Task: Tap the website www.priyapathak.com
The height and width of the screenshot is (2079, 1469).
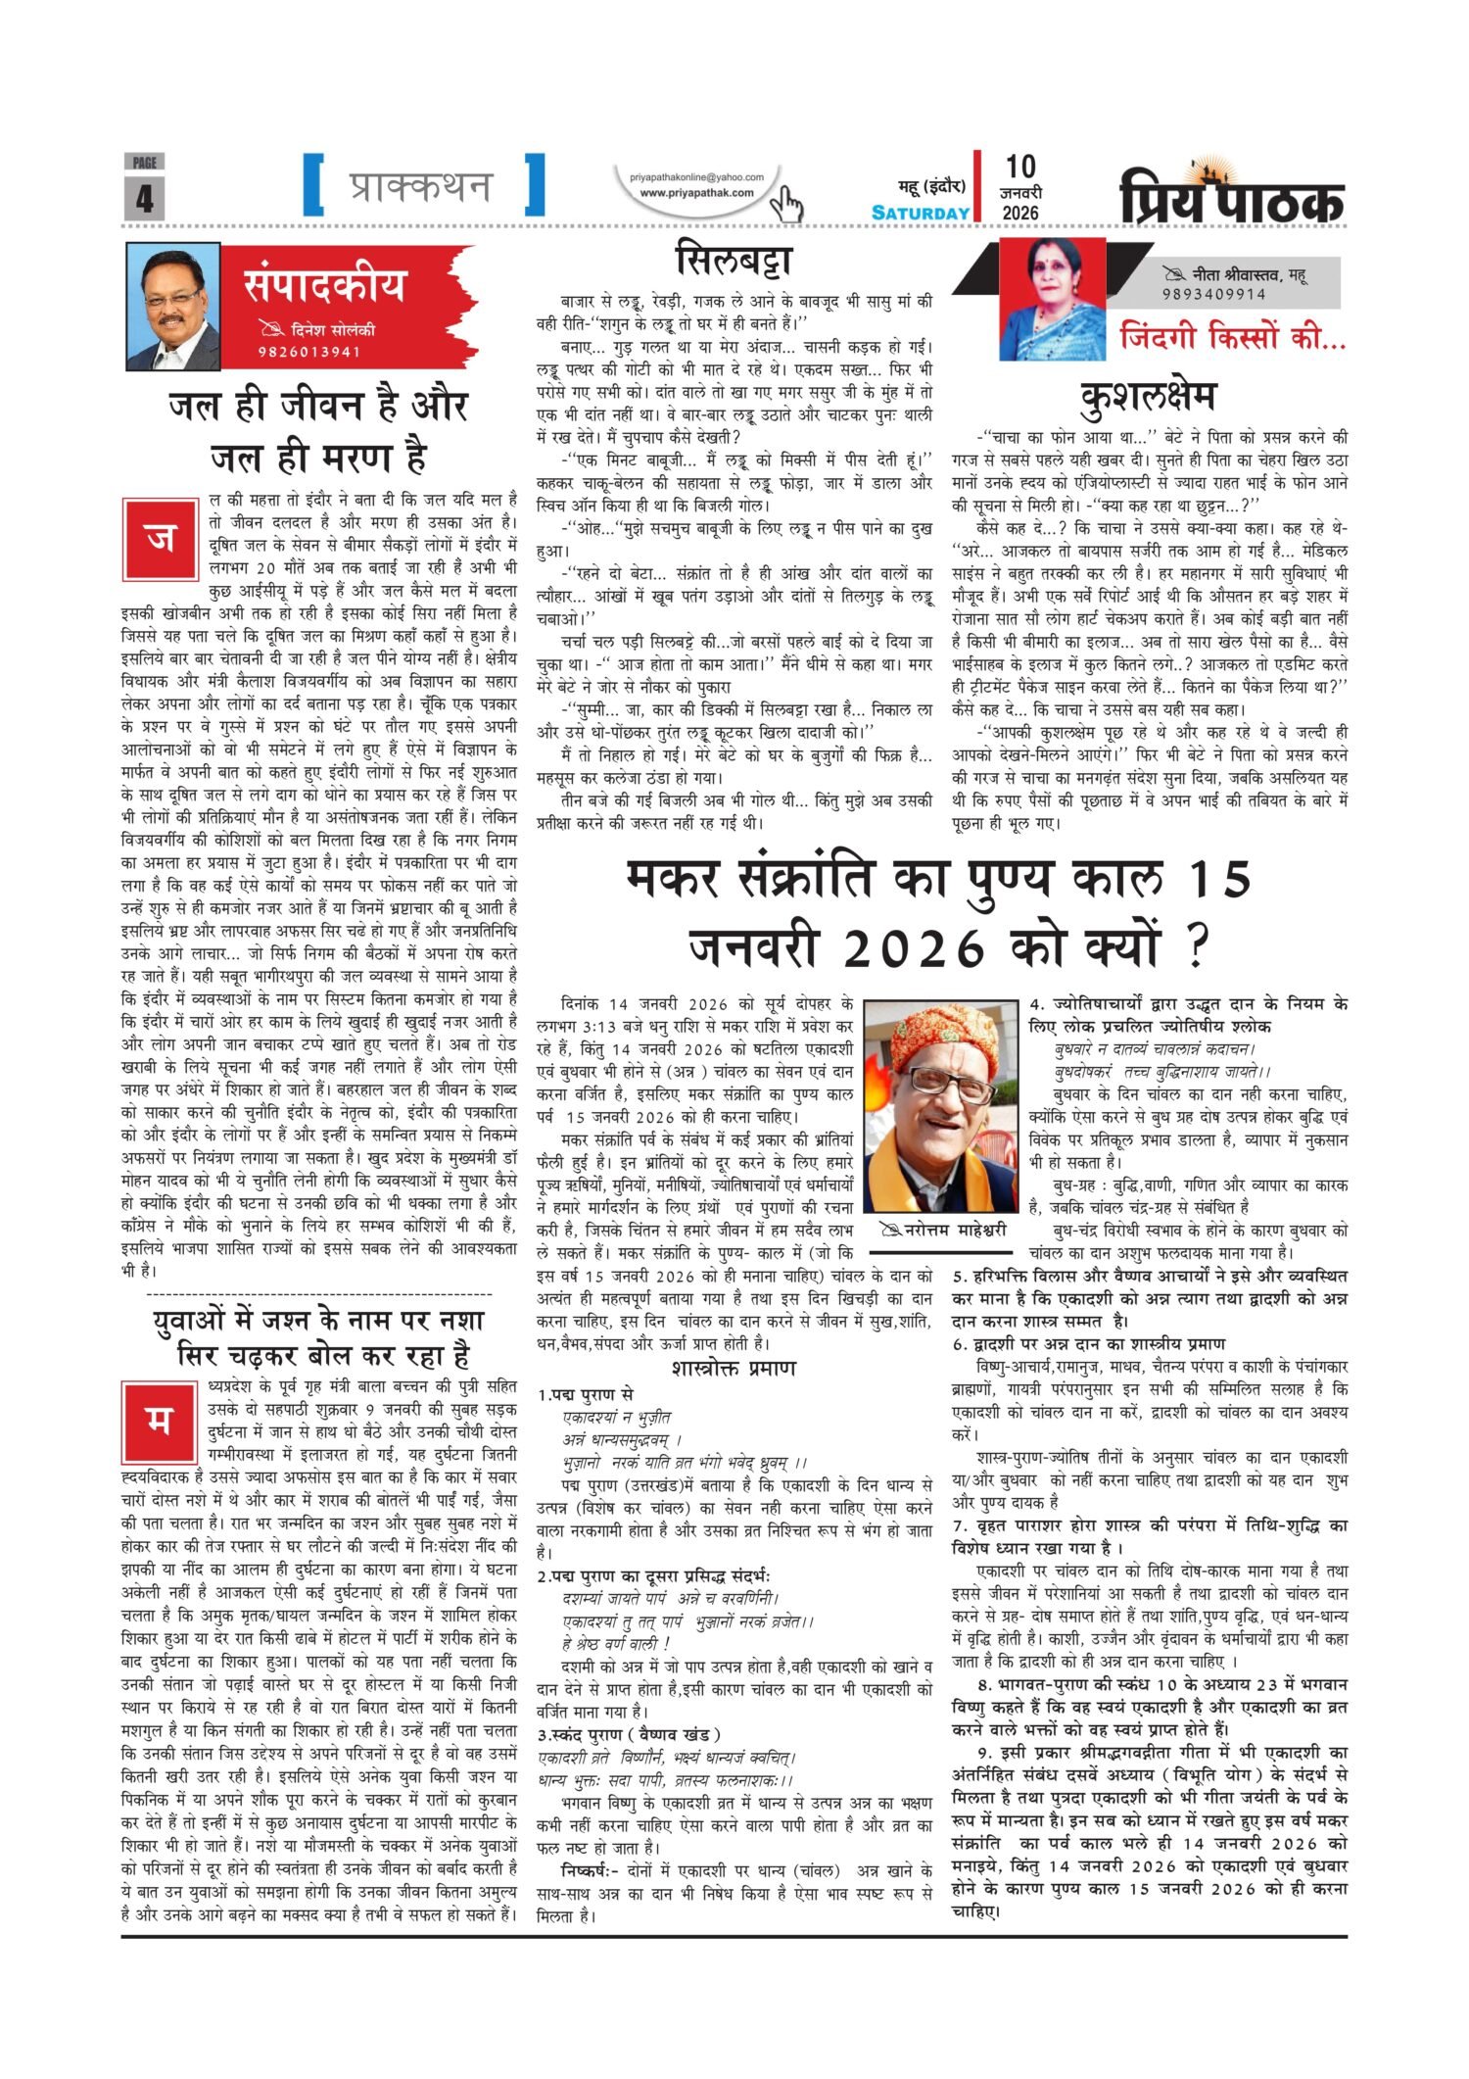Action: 696,192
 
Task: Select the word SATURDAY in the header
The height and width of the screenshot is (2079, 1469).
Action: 921,213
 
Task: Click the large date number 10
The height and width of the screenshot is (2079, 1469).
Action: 1019,167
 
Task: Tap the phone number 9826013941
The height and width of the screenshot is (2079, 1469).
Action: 309,353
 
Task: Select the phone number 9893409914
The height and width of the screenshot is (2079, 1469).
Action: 1213,294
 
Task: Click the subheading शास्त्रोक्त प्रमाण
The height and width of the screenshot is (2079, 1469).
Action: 734,1368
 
